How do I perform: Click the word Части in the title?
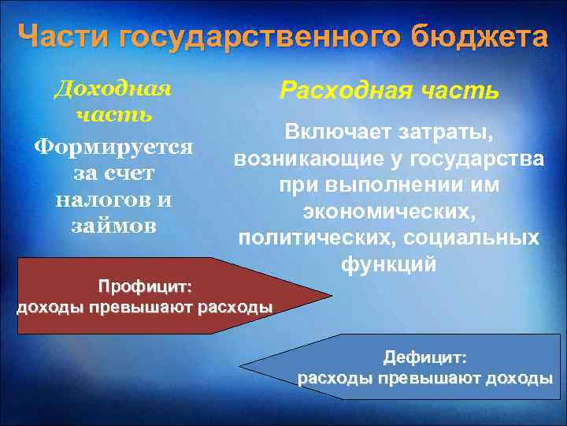pyautogui.click(x=64, y=36)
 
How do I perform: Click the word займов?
pyautogui.click(x=113, y=225)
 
